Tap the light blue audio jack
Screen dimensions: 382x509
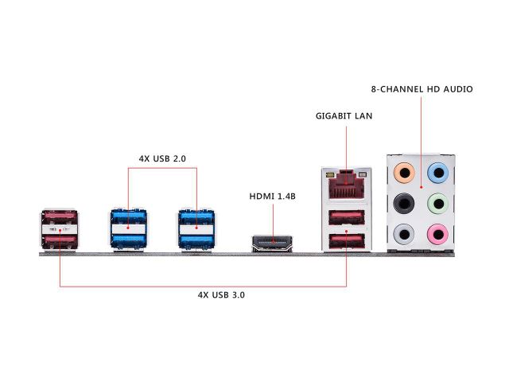click(x=437, y=171)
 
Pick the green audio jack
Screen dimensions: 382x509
click(x=437, y=203)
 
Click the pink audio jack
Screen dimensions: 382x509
click(x=437, y=234)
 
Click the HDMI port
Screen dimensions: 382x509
click(x=272, y=242)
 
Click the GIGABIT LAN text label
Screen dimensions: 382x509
click(x=344, y=116)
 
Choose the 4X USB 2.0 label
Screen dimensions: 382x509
click(x=162, y=158)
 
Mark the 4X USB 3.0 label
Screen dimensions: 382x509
click(x=221, y=294)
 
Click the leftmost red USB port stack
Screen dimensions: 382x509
click(x=59, y=232)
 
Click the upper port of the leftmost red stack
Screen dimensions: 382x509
click(x=59, y=219)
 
